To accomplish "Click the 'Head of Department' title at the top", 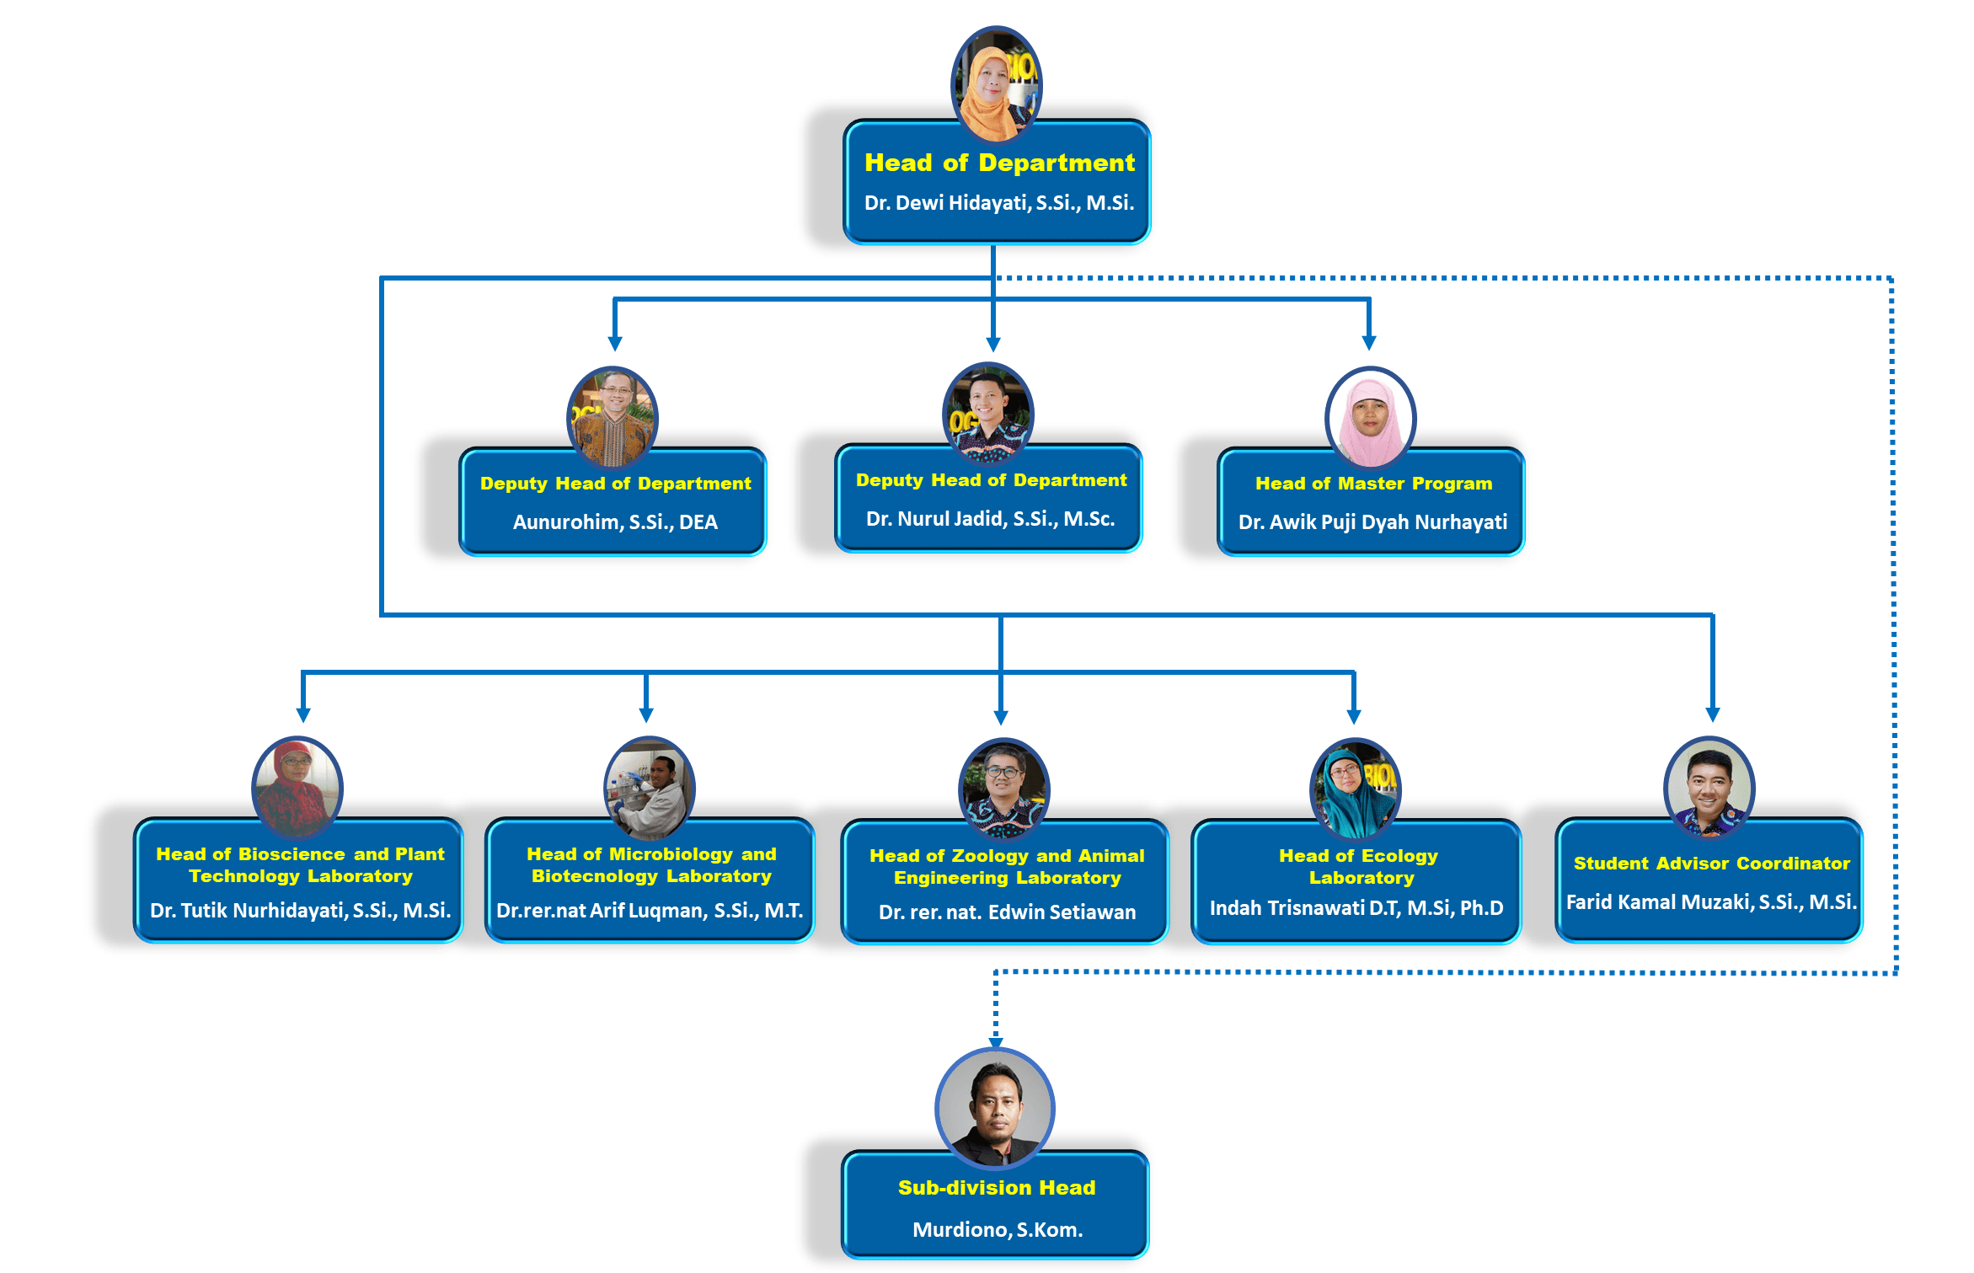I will [999, 163].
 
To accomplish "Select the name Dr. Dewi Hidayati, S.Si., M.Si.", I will [999, 203].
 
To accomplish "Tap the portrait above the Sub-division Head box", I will [995, 1106].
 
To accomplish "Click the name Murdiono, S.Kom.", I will [998, 1230].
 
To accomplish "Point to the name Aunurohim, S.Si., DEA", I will [615, 522].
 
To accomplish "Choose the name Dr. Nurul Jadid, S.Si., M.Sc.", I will [990, 519].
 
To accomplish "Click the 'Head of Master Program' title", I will [1373, 484].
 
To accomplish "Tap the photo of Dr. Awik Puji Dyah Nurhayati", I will [1371, 418].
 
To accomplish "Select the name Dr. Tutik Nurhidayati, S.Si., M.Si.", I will [300, 911].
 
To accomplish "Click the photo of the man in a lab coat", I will [649, 787].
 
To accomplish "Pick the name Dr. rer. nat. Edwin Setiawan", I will [1007, 912].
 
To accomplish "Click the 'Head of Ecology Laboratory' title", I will [1358, 866].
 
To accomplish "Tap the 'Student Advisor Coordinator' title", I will [1711, 864].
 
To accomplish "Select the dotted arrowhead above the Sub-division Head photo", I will [996, 1041].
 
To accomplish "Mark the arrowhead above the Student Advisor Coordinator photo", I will [1713, 714].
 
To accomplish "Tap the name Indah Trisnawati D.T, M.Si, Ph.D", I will [1356, 908].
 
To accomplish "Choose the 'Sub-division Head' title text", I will [997, 1188].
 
